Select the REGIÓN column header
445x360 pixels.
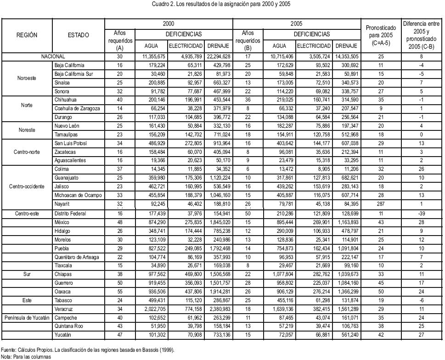(x=27, y=35)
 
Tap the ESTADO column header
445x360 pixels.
(x=79, y=35)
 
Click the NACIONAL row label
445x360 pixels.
(x=53, y=57)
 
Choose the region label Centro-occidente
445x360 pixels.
(x=27, y=187)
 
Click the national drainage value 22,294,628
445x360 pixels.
(x=218, y=57)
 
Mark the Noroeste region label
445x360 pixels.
(x=27, y=79)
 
